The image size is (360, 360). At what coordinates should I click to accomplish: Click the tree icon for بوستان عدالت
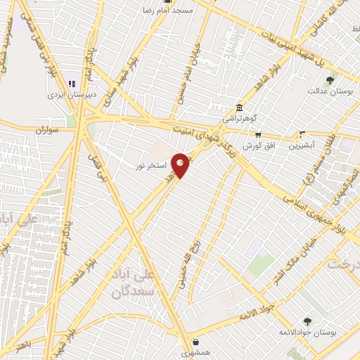pyautogui.click(x=330, y=77)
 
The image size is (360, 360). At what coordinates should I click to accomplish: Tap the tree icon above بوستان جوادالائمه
pyautogui.click(x=307, y=321)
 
